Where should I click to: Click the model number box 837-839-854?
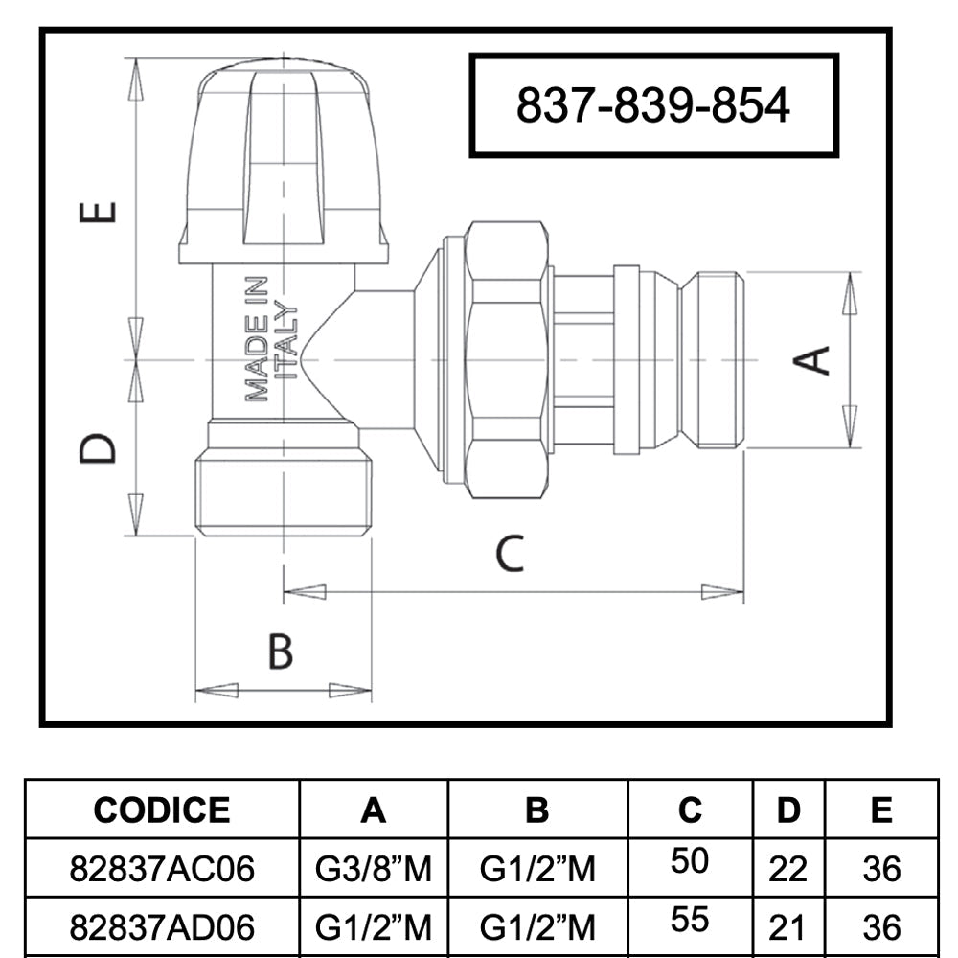coord(653,105)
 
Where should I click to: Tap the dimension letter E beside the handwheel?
coord(98,212)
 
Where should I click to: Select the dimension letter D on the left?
coord(98,448)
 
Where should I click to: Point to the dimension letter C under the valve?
coord(510,554)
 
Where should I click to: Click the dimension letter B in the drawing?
coord(281,651)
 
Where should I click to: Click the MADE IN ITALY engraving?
coord(271,338)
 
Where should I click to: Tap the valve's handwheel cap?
coord(285,162)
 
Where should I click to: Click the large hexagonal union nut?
coord(506,359)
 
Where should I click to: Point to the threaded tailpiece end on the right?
coord(713,359)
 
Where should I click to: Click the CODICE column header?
coord(162,810)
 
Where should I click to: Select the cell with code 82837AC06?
coord(162,868)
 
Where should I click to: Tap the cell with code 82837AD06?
coord(162,926)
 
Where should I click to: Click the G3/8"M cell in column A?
coord(374,868)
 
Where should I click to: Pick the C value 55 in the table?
coord(690,919)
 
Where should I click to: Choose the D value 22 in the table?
coord(788,869)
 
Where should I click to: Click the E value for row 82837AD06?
coord(881,927)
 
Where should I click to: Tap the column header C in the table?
coord(690,810)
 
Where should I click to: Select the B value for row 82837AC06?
coord(537,868)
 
